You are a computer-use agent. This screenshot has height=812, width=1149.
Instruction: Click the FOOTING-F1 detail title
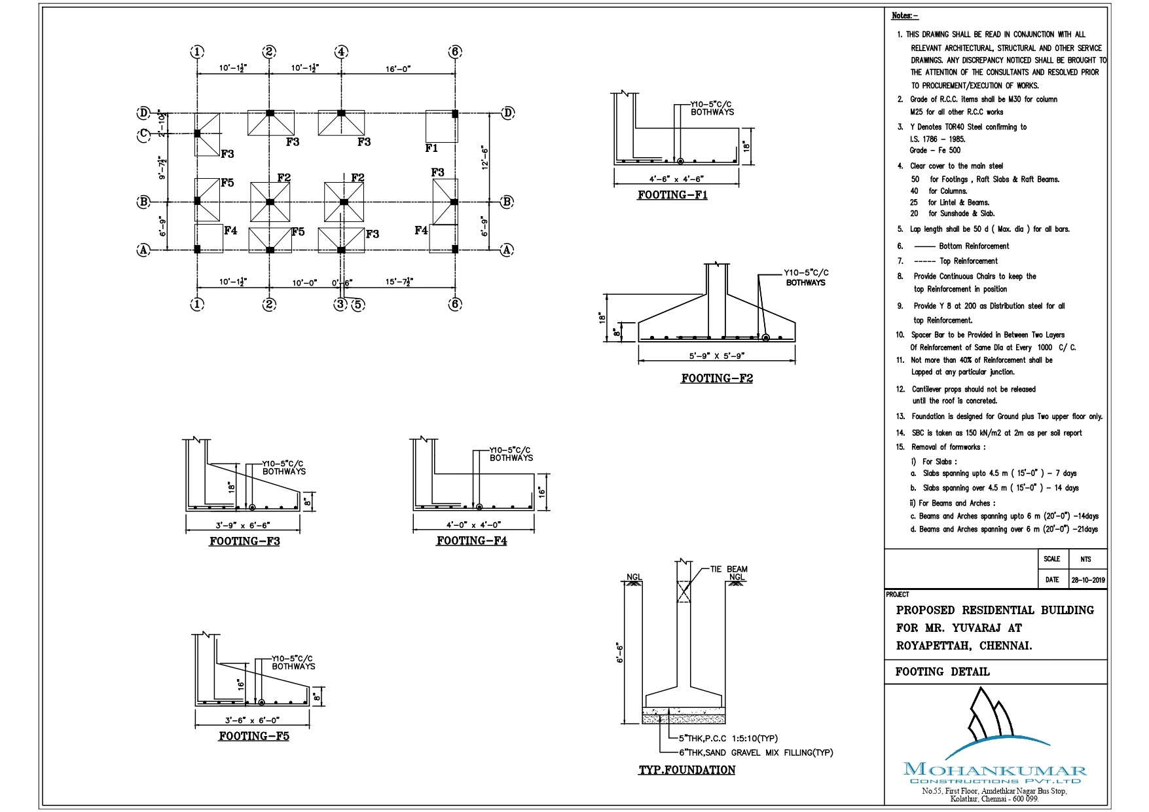tap(672, 195)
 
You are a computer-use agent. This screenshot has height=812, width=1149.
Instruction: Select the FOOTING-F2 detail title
tap(717, 378)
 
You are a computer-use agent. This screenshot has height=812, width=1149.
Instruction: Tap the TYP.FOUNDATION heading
tap(687, 770)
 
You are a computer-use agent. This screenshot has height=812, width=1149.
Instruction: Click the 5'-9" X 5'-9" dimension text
tap(717, 356)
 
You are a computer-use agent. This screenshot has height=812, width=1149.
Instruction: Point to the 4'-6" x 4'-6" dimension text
tap(676, 179)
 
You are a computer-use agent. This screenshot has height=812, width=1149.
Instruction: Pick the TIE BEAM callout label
tap(729, 569)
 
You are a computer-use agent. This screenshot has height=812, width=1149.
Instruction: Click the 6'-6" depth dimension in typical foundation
tap(619, 653)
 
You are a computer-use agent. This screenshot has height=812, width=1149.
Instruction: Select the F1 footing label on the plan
tap(431, 149)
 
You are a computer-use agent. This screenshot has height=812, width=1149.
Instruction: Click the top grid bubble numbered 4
tap(341, 52)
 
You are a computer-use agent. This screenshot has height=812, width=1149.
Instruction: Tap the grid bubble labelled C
tap(144, 135)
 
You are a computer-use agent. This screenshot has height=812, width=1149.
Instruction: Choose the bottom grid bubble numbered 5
tap(357, 304)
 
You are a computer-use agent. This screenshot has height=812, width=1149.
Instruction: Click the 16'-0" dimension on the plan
tap(398, 69)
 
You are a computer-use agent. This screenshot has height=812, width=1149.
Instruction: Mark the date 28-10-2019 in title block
tap(1087, 580)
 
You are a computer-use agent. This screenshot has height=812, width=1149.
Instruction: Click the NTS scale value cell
tap(1085, 559)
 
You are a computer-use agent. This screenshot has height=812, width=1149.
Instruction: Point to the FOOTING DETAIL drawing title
tap(942, 672)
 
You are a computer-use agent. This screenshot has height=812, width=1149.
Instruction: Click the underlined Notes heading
tap(905, 16)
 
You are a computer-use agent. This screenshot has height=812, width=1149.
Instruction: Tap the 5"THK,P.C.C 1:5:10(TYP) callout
tap(728, 738)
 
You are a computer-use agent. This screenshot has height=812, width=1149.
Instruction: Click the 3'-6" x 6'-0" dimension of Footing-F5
tap(252, 720)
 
